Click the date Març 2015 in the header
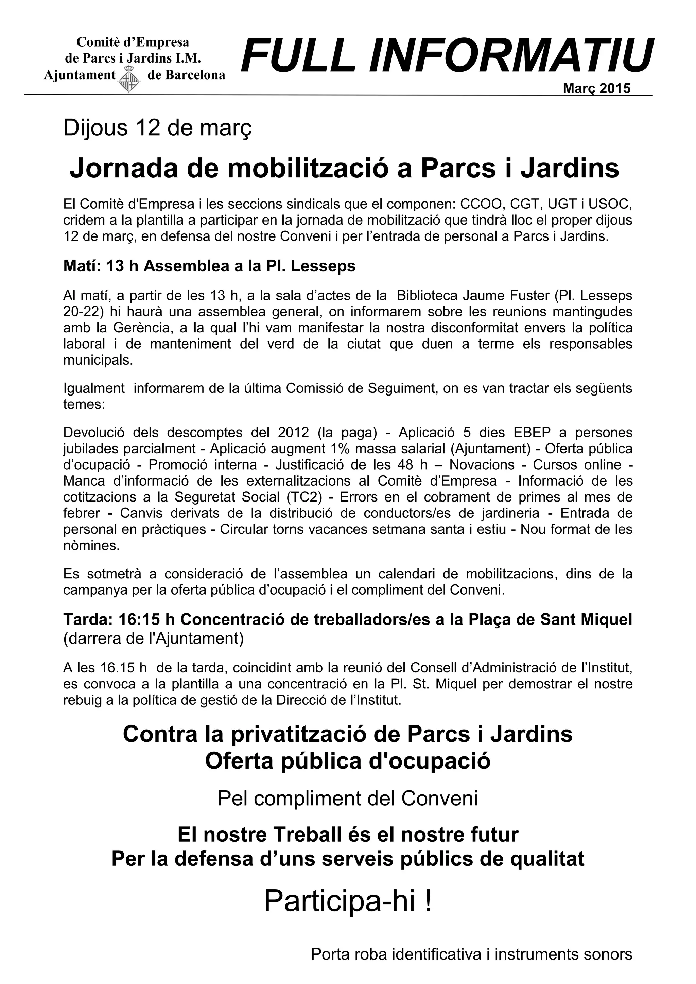(596, 88)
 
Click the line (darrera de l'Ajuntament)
(153, 638)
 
